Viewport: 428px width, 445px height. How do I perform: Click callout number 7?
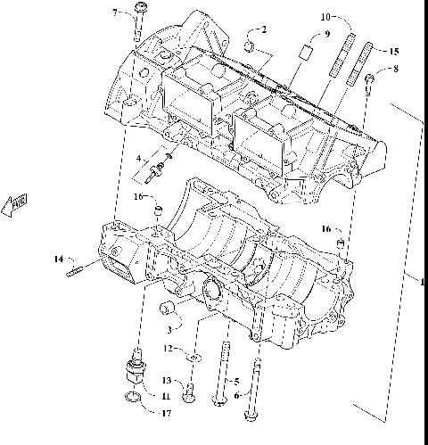(x=114, y=12)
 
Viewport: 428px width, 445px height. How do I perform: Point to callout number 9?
(x=326, y=33)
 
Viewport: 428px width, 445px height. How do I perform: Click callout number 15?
(x=394, y=52)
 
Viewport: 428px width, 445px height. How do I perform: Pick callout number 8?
(x=395, y=69)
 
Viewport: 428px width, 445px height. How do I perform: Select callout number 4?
(x=138, y=158)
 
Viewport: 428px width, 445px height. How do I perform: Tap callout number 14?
(x=57, y=260)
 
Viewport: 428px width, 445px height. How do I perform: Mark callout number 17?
(x=165, y=412)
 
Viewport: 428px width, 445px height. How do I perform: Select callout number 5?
(x=236, y=381)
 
